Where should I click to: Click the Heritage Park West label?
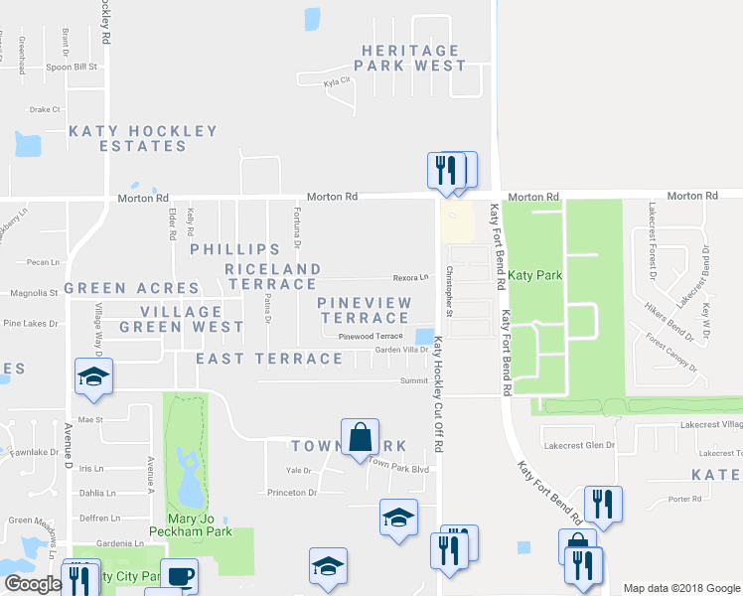412,58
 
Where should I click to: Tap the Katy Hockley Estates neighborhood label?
143,138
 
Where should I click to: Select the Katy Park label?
528,274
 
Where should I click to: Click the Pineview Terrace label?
363,309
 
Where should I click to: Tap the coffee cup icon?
179,577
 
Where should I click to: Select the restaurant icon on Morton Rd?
446,170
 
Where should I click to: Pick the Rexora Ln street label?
409,277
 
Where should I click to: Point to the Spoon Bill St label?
72,68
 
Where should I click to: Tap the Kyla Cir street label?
338,82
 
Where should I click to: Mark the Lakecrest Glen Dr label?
586,445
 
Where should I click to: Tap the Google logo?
33,584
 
